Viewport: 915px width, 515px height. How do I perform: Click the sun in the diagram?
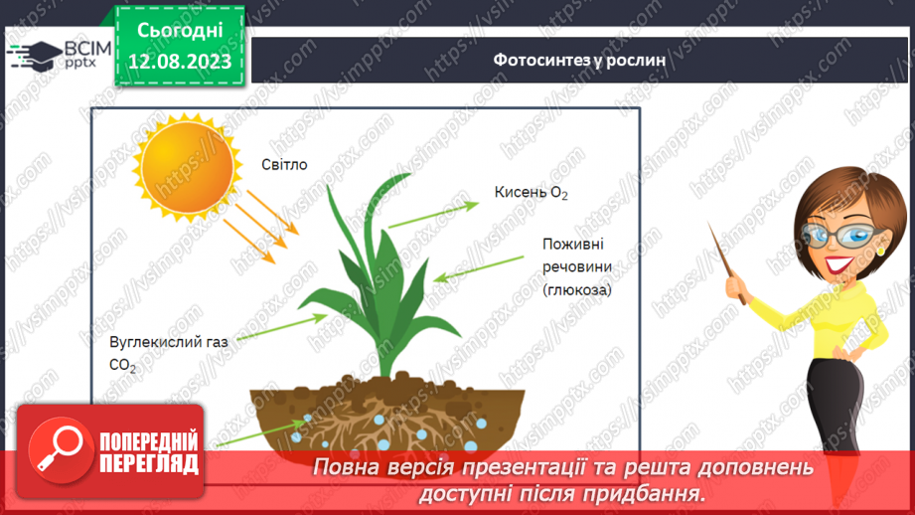[188, 167]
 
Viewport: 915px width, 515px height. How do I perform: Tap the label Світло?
[284, 165]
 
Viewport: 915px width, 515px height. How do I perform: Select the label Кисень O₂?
[532, 192]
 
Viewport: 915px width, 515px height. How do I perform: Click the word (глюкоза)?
[577, 289]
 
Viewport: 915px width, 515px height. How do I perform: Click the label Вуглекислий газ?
[169, 342]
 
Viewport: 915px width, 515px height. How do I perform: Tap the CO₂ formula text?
[122, 366]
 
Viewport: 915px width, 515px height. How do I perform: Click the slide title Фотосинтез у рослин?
[579, 60]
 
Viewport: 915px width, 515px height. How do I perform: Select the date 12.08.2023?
[180, 62]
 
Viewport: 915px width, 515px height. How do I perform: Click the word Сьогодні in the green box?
[180, 31]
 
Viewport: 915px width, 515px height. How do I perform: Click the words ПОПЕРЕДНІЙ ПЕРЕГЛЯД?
[149, 452]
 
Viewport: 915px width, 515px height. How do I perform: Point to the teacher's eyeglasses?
[844, 235]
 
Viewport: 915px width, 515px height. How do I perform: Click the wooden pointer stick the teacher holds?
[727, 262]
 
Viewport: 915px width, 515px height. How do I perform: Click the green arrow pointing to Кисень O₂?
[433, 215]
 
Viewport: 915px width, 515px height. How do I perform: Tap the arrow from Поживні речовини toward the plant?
[479, 269]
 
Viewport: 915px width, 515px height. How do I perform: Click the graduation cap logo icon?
[35, 55]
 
